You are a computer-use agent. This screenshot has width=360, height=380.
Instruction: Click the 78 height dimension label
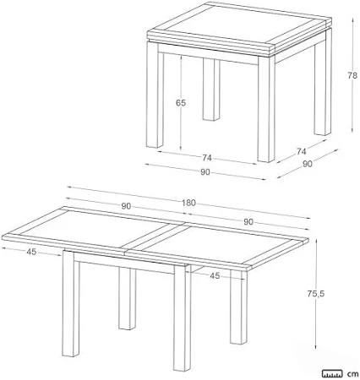[x=352, y=75]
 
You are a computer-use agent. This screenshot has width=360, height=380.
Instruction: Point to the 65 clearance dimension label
[x=181, y=103]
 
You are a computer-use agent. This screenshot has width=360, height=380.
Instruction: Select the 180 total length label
[x=188, y=203]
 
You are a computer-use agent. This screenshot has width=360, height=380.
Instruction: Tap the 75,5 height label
[x=316, y=294]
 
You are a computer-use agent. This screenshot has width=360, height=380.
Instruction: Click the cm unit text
[x=352, y=374]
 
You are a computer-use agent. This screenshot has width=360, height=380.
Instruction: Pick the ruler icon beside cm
[x=333, y=373]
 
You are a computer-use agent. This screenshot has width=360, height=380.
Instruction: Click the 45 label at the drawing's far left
[x=31, y=252]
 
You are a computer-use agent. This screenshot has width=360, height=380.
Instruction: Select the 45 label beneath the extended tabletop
[x=215, y=276]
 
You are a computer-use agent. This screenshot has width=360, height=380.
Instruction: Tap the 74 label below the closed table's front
[x=206, y=158]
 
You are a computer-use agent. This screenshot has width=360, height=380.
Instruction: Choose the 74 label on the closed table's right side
[x=301, y=151]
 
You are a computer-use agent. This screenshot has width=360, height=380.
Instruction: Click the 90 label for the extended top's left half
[x=126, y=206]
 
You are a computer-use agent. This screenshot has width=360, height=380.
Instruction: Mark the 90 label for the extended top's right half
[x=248, y=222]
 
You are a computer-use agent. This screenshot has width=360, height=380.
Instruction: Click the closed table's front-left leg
[x=155, y=95]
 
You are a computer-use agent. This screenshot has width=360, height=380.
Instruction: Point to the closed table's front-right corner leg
[x=266, y=108]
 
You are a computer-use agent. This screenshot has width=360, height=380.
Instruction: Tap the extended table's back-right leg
[x=238, y=307]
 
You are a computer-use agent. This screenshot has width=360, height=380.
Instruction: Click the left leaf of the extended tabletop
[x=93, y=229]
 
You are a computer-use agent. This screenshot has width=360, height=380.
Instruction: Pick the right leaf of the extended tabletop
[x=217, y=246]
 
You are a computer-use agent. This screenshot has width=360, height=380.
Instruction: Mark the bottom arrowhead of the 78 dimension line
[x=352, y=130]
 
